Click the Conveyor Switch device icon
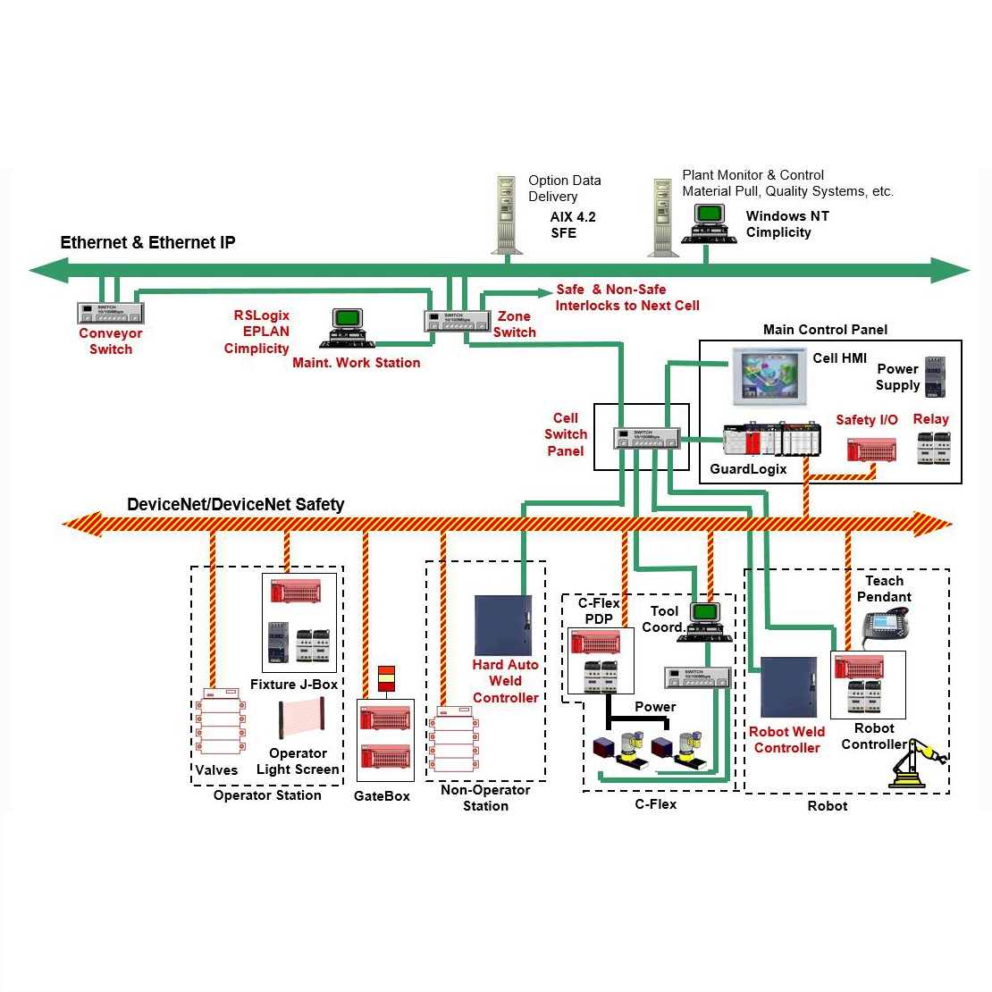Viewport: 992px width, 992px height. coord(110,313)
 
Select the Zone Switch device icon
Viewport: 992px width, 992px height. coord(458,320)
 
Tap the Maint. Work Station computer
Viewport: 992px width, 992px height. coord(347,327)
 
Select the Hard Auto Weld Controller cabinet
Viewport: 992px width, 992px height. coord(503,626)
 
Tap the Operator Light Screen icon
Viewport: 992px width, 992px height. coord(301,720)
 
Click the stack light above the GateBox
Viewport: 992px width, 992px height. coord(386,678)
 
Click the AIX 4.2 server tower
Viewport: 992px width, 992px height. coord(507,214)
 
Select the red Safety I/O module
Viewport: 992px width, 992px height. coord(871,449)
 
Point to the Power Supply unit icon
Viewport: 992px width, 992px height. coord(934,377)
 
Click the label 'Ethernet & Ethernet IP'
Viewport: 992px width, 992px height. coord(147,243)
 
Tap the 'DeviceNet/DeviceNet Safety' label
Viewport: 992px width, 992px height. coord(235,505)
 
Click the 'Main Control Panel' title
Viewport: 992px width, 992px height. coord(825,330)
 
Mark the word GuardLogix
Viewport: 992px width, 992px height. coord(748,469)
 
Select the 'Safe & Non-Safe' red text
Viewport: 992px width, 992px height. coord(610,290)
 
